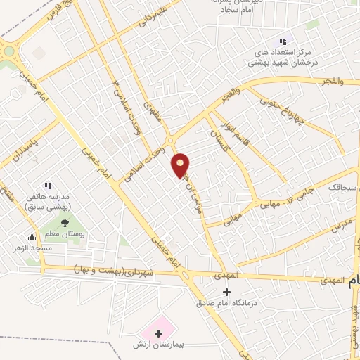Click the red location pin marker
181,165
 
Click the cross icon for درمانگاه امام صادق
226,292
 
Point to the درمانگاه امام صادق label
226,304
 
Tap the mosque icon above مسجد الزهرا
32,237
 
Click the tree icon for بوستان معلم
65,223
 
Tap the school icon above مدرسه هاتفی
48,186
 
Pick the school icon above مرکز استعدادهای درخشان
283,41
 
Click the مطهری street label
153,115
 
